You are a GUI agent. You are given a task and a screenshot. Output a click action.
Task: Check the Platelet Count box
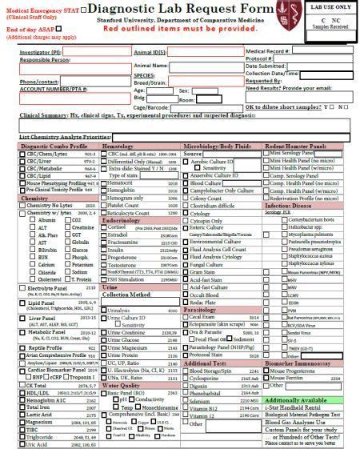point(104,205)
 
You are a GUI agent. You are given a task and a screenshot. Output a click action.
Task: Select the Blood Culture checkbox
point(186,182)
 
